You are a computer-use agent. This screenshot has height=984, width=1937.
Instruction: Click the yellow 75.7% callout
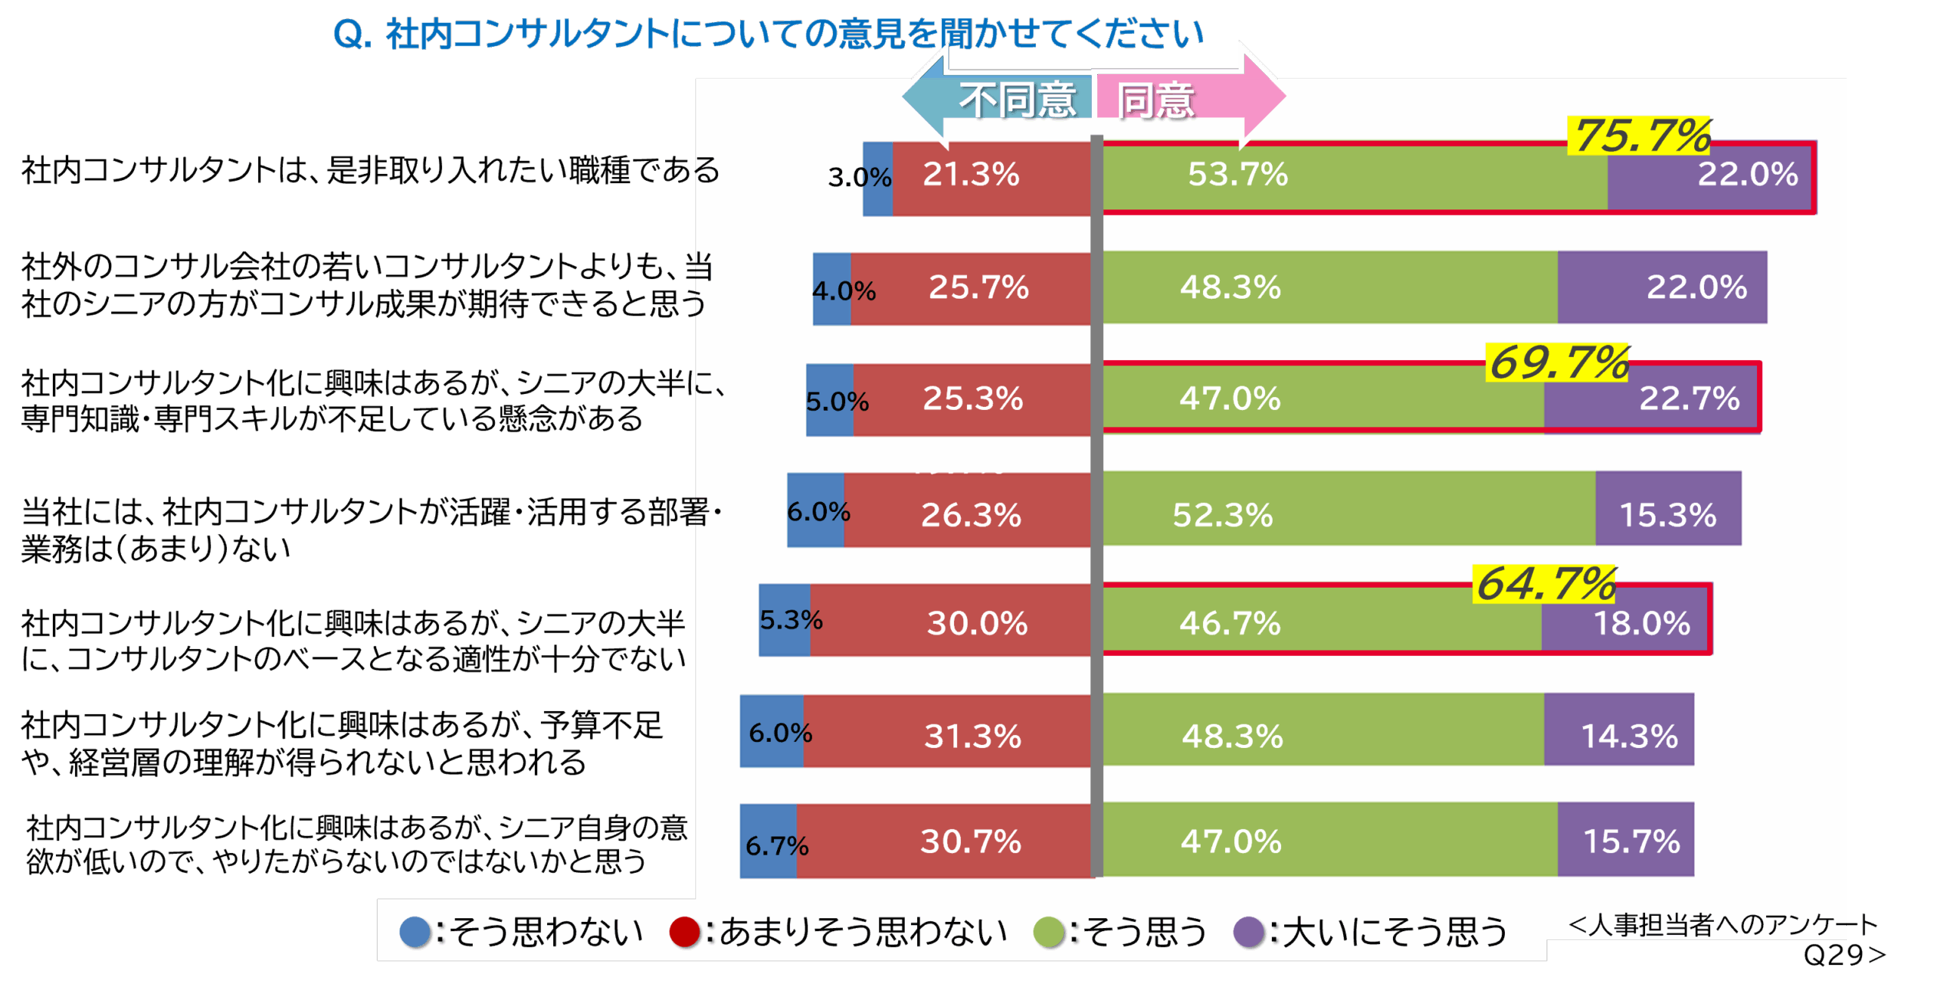pos(1640,136)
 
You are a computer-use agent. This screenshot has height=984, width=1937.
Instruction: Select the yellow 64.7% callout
pos(1545,584)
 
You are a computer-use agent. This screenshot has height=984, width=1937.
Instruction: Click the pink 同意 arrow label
pos(1158,100)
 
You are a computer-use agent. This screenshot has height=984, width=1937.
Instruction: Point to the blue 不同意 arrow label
pos(1017,100)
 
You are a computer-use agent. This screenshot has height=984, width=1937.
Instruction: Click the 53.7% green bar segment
pos(1354,175)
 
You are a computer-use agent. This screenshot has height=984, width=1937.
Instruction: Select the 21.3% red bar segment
pos(991,175)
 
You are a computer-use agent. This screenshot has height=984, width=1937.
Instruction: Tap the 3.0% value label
pos(860,178)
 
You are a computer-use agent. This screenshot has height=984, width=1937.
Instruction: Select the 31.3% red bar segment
pos(947,732)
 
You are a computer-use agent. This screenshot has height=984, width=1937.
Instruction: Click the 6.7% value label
pos(776,845)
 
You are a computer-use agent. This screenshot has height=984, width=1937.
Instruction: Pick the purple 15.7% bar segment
pos(1625,841)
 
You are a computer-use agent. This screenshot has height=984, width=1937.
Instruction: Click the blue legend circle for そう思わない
pos(415,932)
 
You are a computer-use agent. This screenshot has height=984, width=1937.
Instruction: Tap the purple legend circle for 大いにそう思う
pos(1248,932)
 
